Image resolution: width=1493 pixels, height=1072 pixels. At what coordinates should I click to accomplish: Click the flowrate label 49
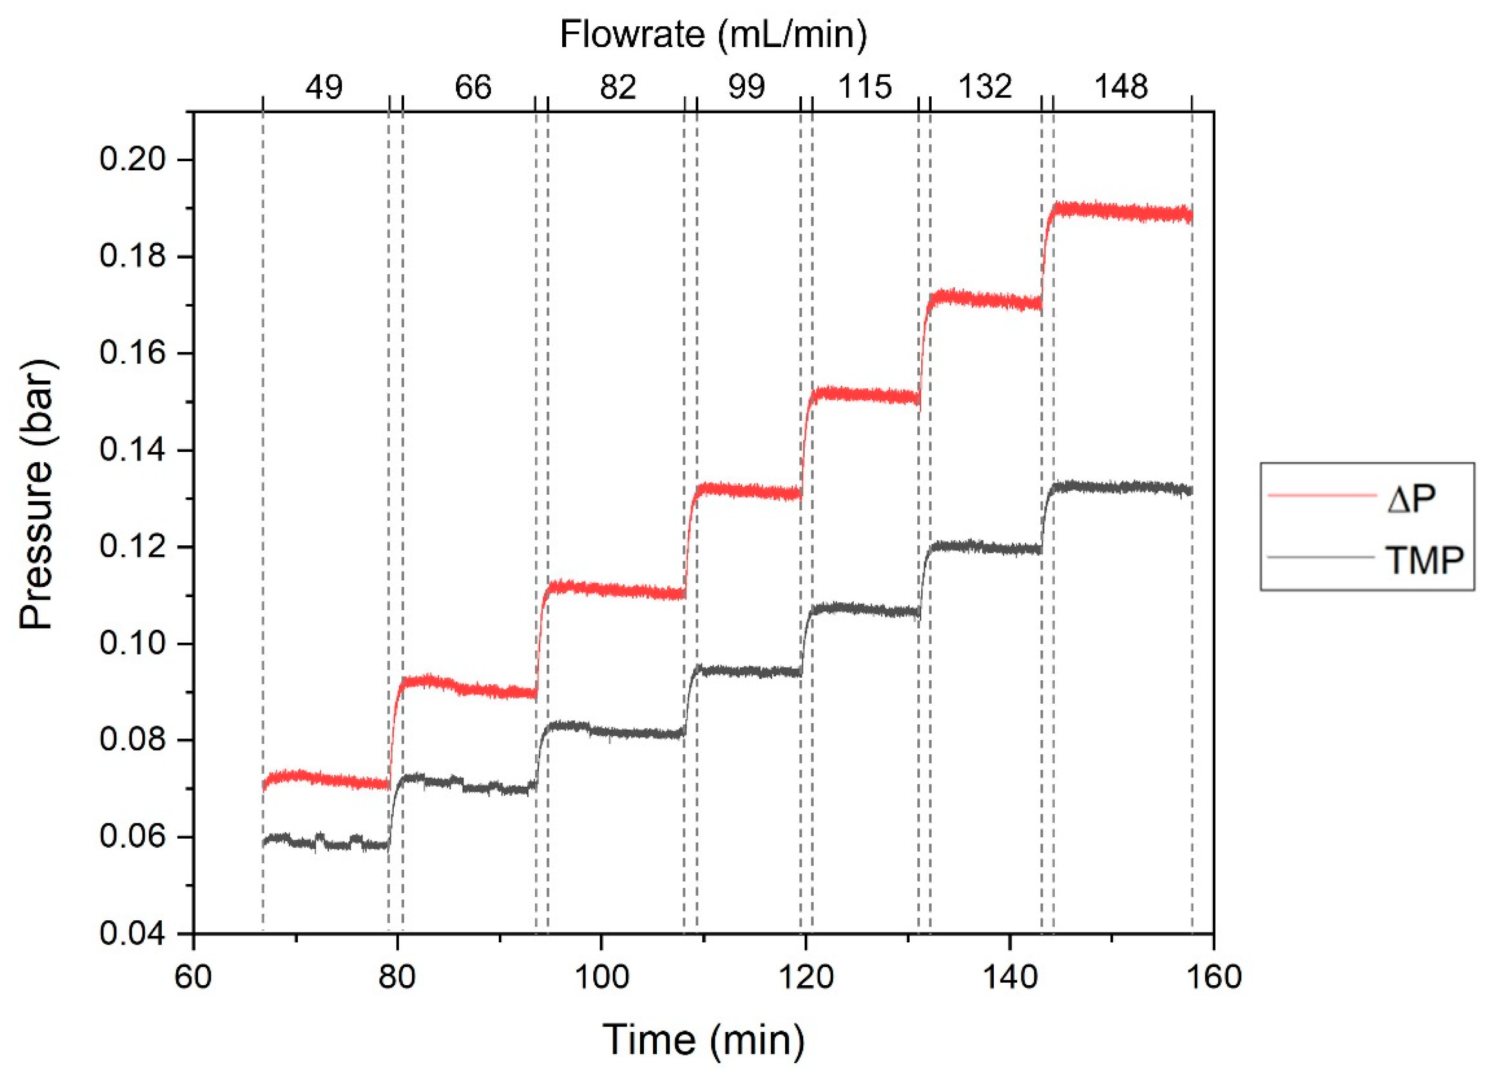tap(324, 87)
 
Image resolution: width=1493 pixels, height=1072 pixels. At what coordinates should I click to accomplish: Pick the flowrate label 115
tap(865, 87)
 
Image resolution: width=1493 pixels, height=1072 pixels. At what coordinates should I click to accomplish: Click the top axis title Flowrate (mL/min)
tap(713, 34)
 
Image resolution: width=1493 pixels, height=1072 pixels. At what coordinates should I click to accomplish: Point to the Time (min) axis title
tap(703, 1040)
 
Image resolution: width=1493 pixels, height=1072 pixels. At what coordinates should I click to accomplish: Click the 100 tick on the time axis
tap(601, 977)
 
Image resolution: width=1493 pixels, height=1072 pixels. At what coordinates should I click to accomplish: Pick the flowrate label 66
tap(473, 87)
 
